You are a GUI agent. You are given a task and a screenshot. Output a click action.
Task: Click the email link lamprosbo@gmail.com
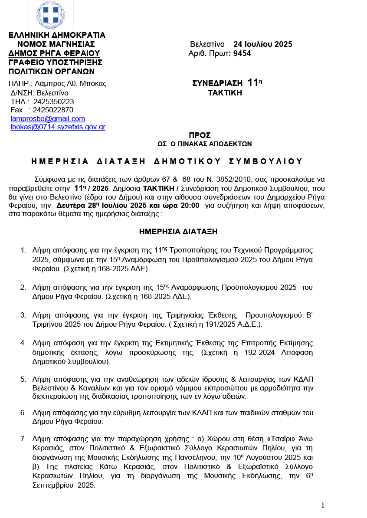tap(48, 118)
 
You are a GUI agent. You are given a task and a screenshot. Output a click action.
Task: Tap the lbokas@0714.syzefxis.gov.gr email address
tap(58, 127)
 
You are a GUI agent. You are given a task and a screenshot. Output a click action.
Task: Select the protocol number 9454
tap(242, 53)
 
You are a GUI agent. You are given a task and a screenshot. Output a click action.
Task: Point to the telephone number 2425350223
tap(53, 102)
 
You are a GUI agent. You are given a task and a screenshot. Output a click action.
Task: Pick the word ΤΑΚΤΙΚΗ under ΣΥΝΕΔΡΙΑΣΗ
tap(225, 93)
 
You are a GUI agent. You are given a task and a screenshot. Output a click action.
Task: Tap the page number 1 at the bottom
tap(323, 505)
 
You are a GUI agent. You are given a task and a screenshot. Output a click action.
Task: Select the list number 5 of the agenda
tap(23, 380)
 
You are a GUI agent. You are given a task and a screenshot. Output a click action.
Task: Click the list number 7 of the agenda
tap(23, 439)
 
